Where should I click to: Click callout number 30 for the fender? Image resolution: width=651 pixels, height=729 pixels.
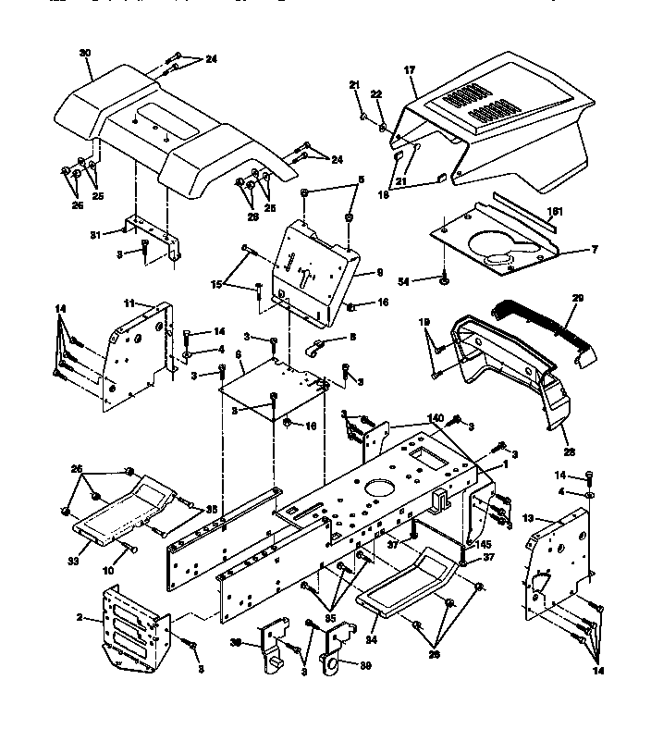pyautogui.click(x=85, y=55)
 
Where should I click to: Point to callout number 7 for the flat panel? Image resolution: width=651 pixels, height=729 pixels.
pyautogui.click(x=569, y=251)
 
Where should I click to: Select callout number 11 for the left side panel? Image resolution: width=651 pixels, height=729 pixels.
pyautogui.click(x=129, y=303)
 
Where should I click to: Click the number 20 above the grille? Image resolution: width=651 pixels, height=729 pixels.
pyautogui.click(x=578, y=299)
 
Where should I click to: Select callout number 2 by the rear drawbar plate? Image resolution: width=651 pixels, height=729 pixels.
pyautogui.click(x=80, y=618)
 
